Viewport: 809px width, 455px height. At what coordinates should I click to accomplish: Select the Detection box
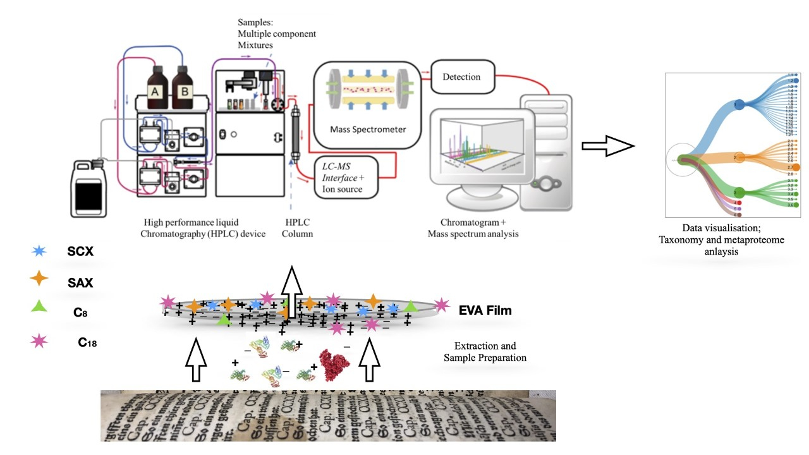pos(461,77)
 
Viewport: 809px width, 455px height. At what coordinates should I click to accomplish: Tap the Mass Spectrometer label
pos(368,130)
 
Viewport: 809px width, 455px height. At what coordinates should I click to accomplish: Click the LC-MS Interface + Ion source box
pos(346,178)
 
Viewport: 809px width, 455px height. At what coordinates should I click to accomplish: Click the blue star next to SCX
pos(39,250)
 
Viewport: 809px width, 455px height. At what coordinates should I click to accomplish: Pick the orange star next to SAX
pos(39,278)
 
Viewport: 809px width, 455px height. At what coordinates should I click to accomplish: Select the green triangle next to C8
pos(39,306)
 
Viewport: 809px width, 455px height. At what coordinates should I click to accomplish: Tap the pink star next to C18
pos(39,342)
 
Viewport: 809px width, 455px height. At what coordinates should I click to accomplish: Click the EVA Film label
pos(485,310)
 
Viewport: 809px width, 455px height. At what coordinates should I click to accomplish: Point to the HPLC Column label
pos(298,228)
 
